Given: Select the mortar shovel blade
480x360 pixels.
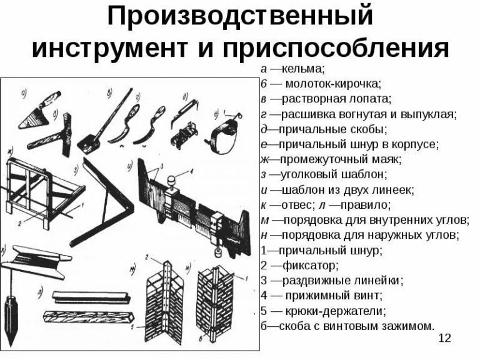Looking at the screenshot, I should click(87, 142).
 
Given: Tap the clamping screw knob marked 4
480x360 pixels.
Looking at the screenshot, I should click(170, 181).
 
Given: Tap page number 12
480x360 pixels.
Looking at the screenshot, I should click(445, 338).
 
